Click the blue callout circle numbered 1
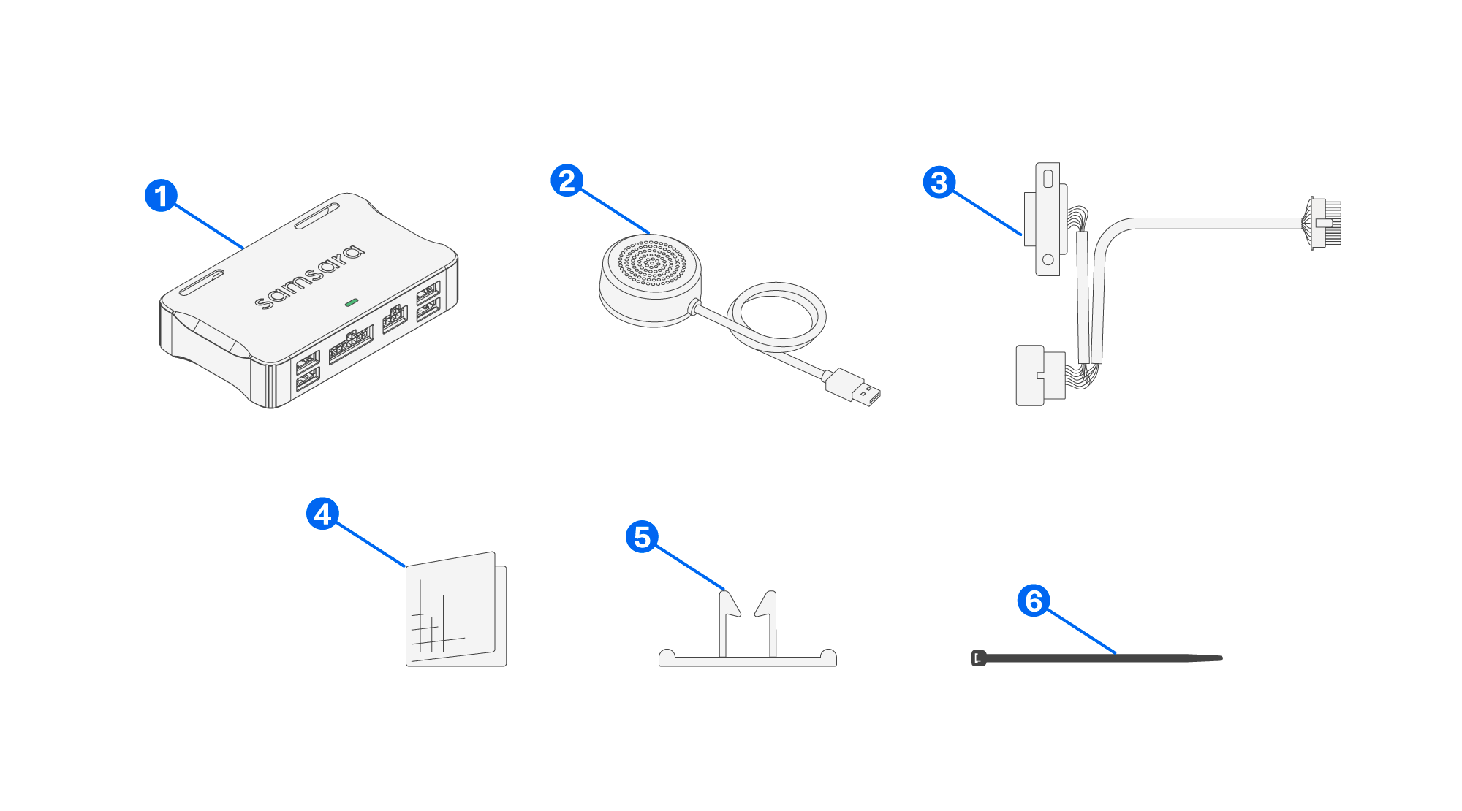tap(161, 196)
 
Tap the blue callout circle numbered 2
tap(567, 180)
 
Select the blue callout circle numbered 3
tap(939, 182)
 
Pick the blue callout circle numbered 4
tap(322, 514)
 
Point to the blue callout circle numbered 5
tap(642, 537)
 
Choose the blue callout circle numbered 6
tap(1034, 601)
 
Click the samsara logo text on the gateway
tap(309, 277)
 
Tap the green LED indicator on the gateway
tap(352, 302)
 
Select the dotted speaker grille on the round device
tap(651, 262)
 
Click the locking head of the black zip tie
tap(979, 658)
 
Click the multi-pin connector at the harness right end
tap(1325, 223)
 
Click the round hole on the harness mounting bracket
tap(1048, 259)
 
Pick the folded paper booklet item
tap(455, 611)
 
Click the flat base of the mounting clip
tap(747, 660)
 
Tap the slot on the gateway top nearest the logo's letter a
tap(317, 217)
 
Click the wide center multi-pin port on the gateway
tap(351, 345)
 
